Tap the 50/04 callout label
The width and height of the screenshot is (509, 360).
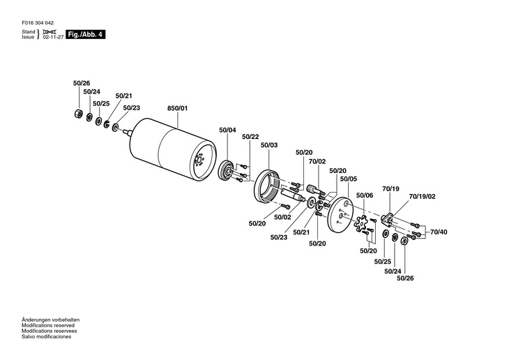(x=227, y=130)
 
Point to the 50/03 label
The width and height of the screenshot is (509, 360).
(x=269, y=145)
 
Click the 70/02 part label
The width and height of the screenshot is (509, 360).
(x=317, y=161)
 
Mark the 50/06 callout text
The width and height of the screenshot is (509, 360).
(x=365, y=196)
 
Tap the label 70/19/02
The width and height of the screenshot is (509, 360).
(x=423, y=197)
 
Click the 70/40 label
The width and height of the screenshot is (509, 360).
(x=439, y=232)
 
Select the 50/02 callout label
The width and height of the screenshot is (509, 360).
(x=282, y=217)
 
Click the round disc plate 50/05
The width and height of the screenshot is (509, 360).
(x=342, y=213)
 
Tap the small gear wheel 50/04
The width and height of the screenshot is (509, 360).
(x=227, y=172)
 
